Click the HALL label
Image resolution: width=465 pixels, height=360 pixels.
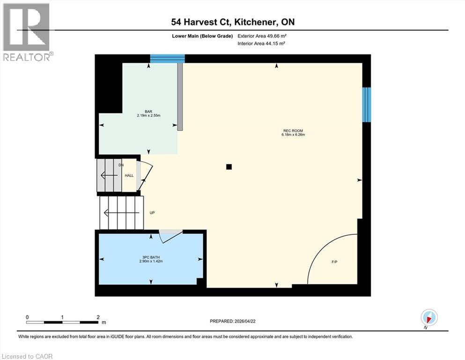[x=129, y=176]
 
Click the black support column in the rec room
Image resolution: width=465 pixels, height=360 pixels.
[x=229, y=166]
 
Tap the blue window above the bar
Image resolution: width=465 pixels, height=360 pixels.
[x=167, y=59]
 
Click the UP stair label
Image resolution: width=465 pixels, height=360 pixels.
[x=152, y=213]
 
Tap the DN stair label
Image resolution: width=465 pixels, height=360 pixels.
[x=121, y=165]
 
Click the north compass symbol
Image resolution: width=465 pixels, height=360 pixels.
[x=429, y=317]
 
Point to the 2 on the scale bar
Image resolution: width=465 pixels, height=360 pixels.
[x=98, y=317]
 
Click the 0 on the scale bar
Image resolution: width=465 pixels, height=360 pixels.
[x=27, y=317]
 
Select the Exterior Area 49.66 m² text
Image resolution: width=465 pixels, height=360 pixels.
[x=261, y=36]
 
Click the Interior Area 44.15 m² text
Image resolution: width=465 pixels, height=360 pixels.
[x=261, y=43]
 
